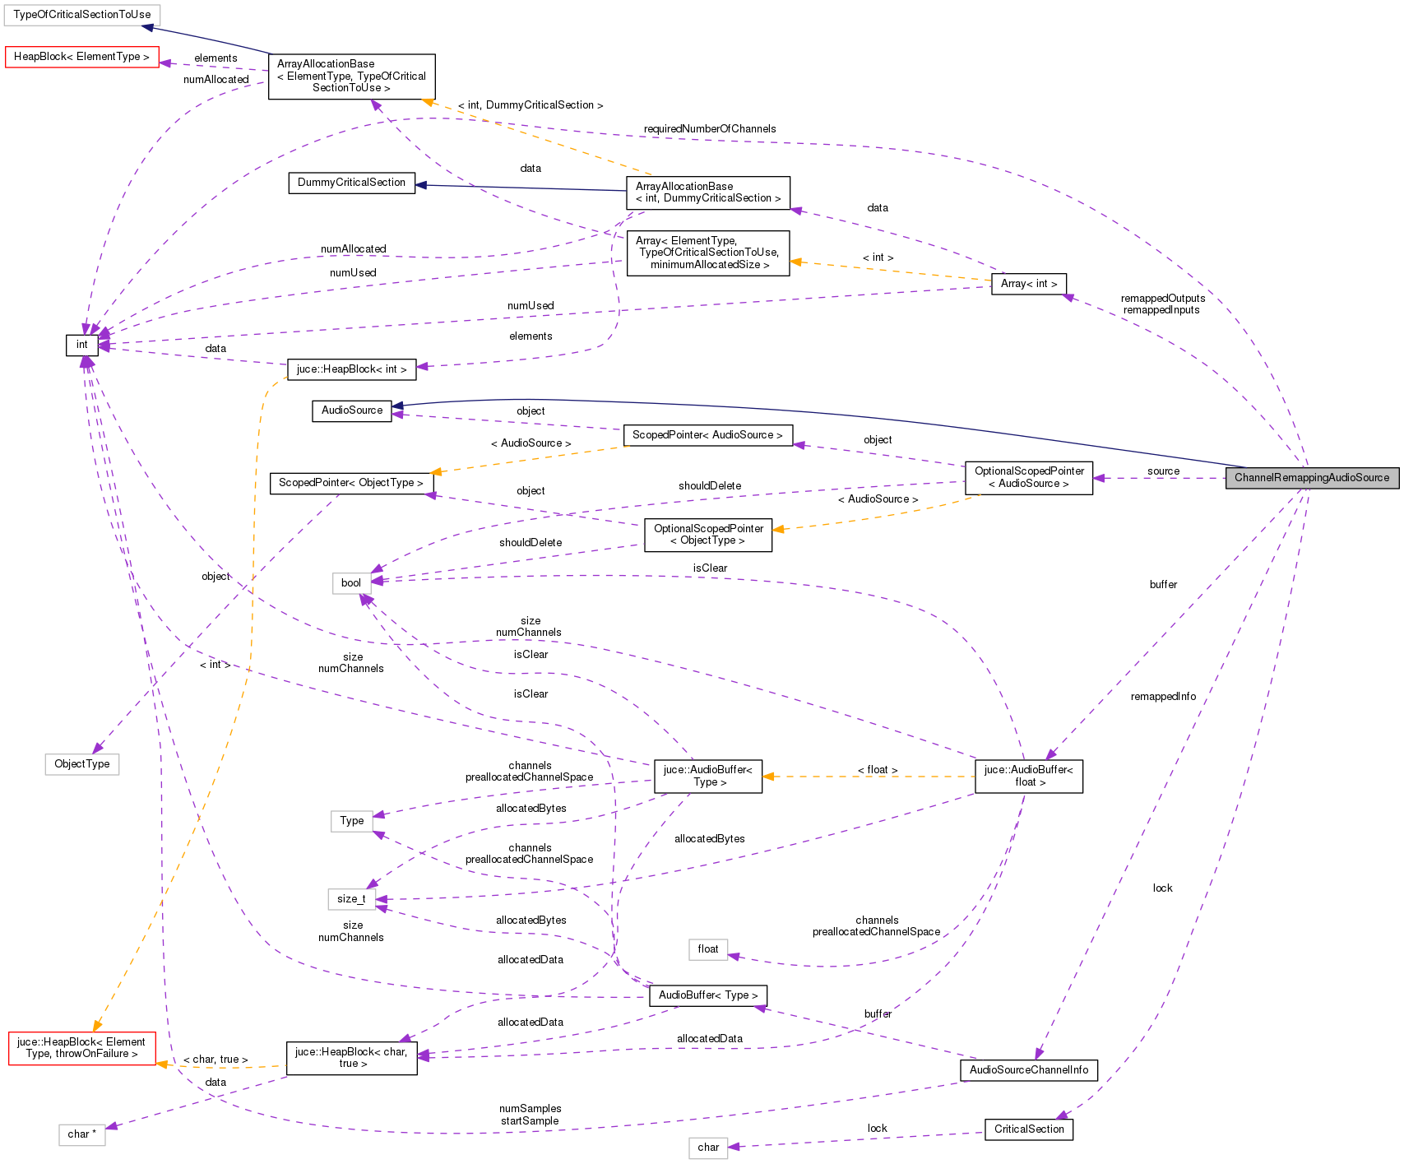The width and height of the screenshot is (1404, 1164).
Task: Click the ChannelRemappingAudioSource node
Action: (x=1311, y=478)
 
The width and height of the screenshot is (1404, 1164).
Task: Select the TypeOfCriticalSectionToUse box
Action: (x=81, y=15)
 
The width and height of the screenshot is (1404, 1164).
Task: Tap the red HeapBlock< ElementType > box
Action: (x=81, y=57)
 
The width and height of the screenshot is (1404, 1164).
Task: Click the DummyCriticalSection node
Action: (x=351, y=183)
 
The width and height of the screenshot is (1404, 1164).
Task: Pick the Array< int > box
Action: (x=1028, y=284)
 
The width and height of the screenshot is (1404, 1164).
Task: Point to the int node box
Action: (x=81, y=345)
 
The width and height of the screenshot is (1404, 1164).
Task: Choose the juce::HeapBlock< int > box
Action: (x=351, y=369)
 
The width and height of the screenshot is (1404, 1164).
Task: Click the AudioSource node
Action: (x=351, y=410)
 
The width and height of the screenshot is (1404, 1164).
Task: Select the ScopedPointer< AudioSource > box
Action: (x=707, y=435)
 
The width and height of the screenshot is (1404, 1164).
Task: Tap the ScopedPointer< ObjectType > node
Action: (x=350, y=483)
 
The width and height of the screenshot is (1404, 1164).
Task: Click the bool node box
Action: (x=351, y=583)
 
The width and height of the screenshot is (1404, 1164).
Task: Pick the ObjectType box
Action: (x=81, y=764)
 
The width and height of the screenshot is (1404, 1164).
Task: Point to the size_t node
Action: (x=351, y=899)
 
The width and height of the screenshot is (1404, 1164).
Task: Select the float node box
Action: (x=707, y=949)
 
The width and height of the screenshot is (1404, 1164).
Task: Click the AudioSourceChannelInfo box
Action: (x=1028, y=1070)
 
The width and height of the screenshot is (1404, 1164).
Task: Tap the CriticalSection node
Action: (x=1028, y=1129)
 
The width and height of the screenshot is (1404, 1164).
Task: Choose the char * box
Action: (x=81, y=1134)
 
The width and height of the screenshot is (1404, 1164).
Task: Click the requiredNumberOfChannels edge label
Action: (x=709, y=129)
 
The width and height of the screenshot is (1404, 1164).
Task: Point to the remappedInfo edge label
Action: (x=1163, y=697)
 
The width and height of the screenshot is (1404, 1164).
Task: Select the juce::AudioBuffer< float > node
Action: (x=1028, y=777)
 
